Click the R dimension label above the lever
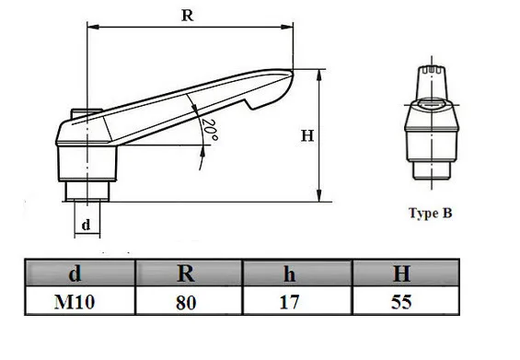188,16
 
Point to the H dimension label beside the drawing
307,135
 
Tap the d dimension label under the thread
86,225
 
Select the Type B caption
431,213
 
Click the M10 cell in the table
75,302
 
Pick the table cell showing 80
186,302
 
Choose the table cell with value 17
289,302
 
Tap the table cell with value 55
401,302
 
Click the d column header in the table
75,273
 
